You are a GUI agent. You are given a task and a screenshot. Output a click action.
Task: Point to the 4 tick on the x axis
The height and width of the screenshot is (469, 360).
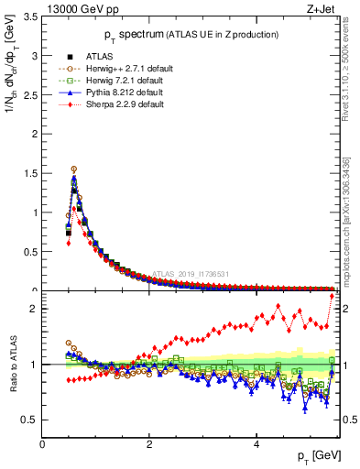pos(256,443)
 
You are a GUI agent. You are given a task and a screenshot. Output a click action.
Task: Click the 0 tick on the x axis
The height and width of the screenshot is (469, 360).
pos(42,443)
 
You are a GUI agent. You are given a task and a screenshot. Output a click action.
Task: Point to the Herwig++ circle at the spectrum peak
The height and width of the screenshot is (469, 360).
pos(73,169)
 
